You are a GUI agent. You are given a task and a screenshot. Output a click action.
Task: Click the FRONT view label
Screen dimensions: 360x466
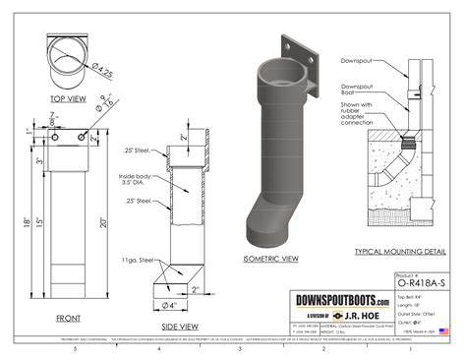[x=68, y=317]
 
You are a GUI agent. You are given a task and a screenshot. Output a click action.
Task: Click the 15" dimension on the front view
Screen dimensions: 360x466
[x=41, y=226]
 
